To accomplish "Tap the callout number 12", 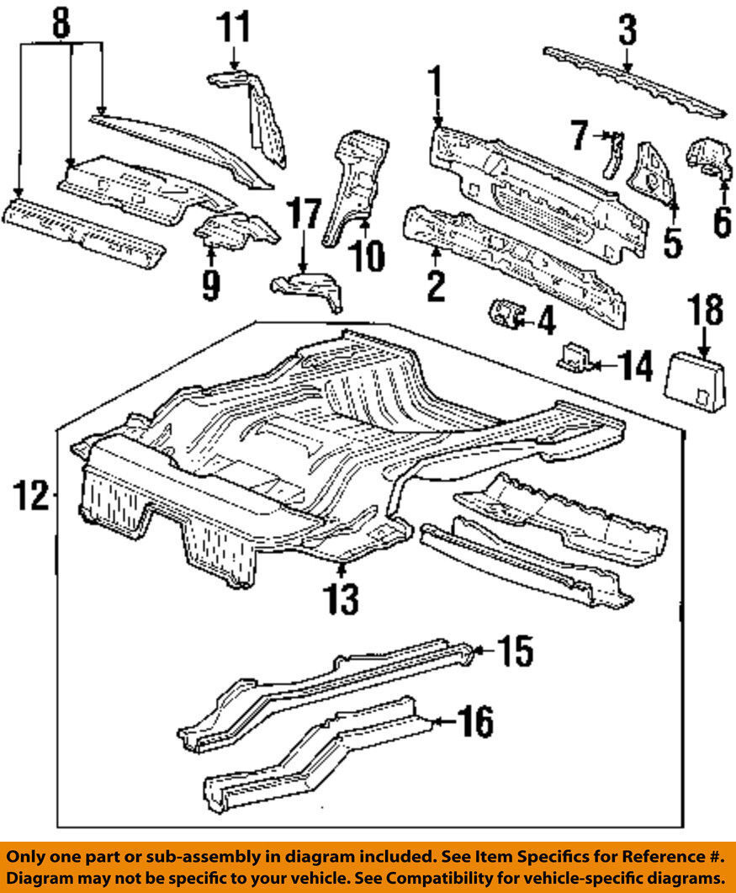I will [x=31, y=496].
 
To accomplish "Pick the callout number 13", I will [x=343, y=598].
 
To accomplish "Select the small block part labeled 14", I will [x=574, y=357].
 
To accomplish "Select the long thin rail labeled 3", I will [x=631, y=83].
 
